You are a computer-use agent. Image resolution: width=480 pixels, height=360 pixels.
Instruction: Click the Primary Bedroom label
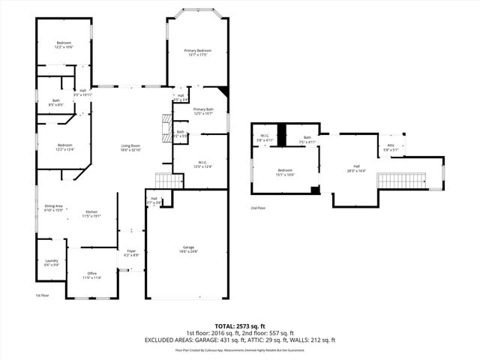[x=198, y=52]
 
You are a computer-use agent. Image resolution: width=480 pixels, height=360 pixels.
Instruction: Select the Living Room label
[x=131, y=148]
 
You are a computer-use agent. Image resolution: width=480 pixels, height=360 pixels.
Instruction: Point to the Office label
[x=92, y=275]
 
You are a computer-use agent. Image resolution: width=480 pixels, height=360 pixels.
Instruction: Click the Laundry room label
[x=52, y=262]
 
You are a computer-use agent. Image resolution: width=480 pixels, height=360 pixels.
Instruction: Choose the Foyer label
[x=131, y=253]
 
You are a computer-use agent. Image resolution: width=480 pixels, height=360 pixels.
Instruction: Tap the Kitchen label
[x=92, y=214]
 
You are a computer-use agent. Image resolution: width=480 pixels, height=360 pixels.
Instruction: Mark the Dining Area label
[x=53, y=208]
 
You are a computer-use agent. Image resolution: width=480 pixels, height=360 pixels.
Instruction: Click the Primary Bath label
[x=203, y=112]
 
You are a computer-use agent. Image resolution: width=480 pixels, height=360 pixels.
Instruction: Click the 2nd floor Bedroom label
[x=285, y=172]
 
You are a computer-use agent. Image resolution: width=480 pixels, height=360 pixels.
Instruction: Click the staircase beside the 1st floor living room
[x=169, y=181]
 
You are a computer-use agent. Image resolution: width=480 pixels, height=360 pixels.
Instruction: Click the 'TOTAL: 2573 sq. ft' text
[x=239, y=326]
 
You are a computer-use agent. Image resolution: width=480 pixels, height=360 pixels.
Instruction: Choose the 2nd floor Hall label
[x=356, y=169]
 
